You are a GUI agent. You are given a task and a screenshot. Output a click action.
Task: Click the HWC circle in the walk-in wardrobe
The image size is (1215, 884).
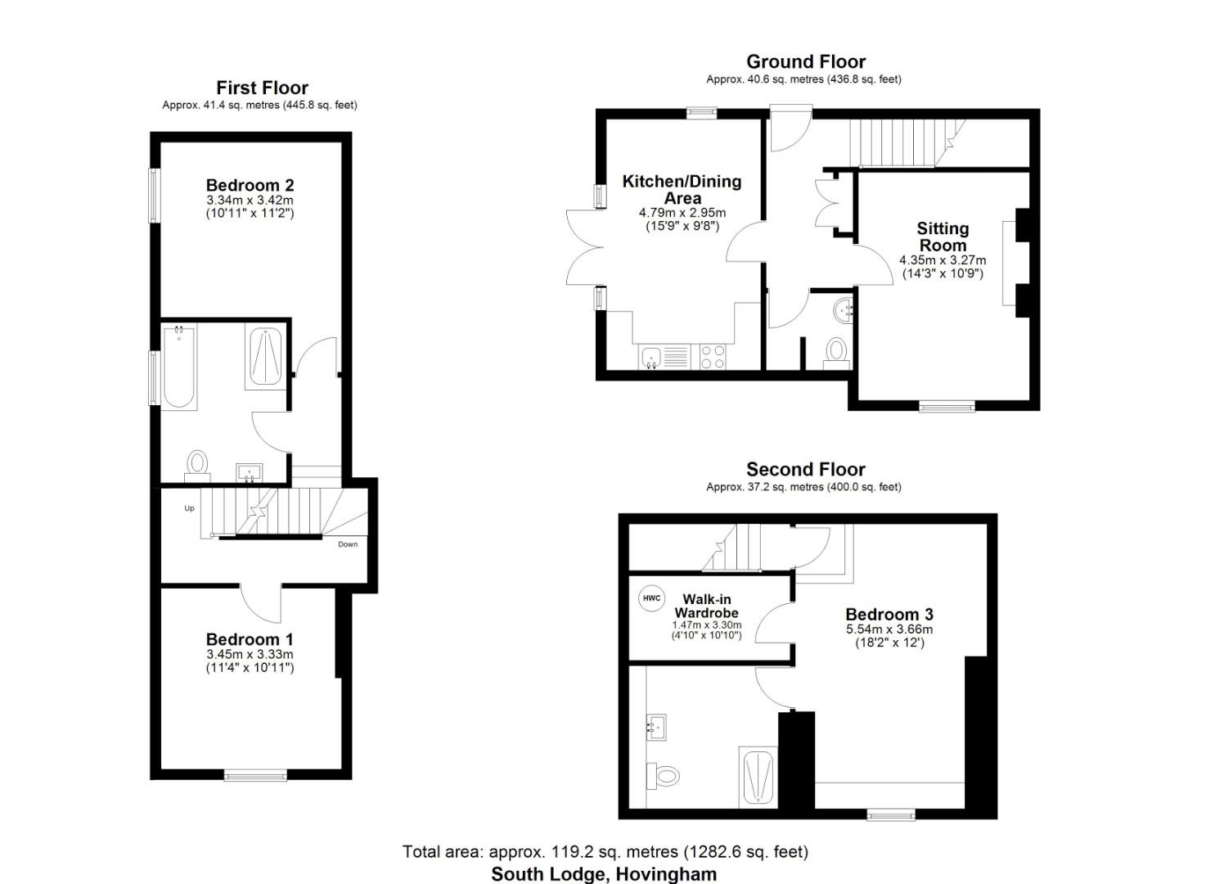click(651, 598)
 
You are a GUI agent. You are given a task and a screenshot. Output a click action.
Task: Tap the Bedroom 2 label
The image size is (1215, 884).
click(250, 185)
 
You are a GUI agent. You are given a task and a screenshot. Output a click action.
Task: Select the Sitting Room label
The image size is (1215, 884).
click(943, 237)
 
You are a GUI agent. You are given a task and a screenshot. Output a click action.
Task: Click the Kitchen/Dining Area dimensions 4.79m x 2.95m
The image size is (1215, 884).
click(682, 213)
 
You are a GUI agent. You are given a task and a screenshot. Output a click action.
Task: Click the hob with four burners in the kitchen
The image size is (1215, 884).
click(713, 356)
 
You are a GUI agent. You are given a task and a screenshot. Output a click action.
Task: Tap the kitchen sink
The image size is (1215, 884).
click(652, 357)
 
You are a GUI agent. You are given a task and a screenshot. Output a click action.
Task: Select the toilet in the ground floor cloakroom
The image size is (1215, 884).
click(835, 352)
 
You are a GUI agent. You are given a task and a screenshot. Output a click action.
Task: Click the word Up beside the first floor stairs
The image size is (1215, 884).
click(189, 508)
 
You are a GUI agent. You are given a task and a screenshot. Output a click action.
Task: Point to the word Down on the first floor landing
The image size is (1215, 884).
click(348, 544)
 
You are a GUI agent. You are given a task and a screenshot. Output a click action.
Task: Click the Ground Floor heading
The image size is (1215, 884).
click(805, 61)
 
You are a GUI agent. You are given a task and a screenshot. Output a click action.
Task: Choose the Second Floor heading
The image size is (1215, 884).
click(805, 469)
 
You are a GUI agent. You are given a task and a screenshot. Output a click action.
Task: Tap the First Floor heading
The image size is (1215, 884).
click(262, 88)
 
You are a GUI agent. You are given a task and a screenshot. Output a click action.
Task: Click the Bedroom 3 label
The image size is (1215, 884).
click(889, 614)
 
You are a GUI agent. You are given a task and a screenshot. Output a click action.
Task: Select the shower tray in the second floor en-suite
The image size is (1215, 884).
click(758, 776)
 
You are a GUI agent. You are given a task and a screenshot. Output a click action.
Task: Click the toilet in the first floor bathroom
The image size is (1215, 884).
click(196, 464)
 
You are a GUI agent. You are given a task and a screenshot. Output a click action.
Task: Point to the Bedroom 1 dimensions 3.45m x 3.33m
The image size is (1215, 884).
click(250, 654)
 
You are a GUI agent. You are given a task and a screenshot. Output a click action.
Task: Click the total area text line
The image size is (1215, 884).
click(605, 851)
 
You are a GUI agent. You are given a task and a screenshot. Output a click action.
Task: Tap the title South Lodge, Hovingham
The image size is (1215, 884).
click(604, 873)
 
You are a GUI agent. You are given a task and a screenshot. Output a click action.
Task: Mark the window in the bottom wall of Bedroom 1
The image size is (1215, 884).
click(256, 774)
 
